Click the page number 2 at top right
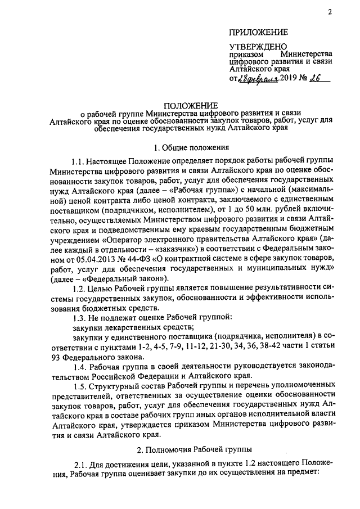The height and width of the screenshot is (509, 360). point(330,12)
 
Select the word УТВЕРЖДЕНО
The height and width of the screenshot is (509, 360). point(258,46)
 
